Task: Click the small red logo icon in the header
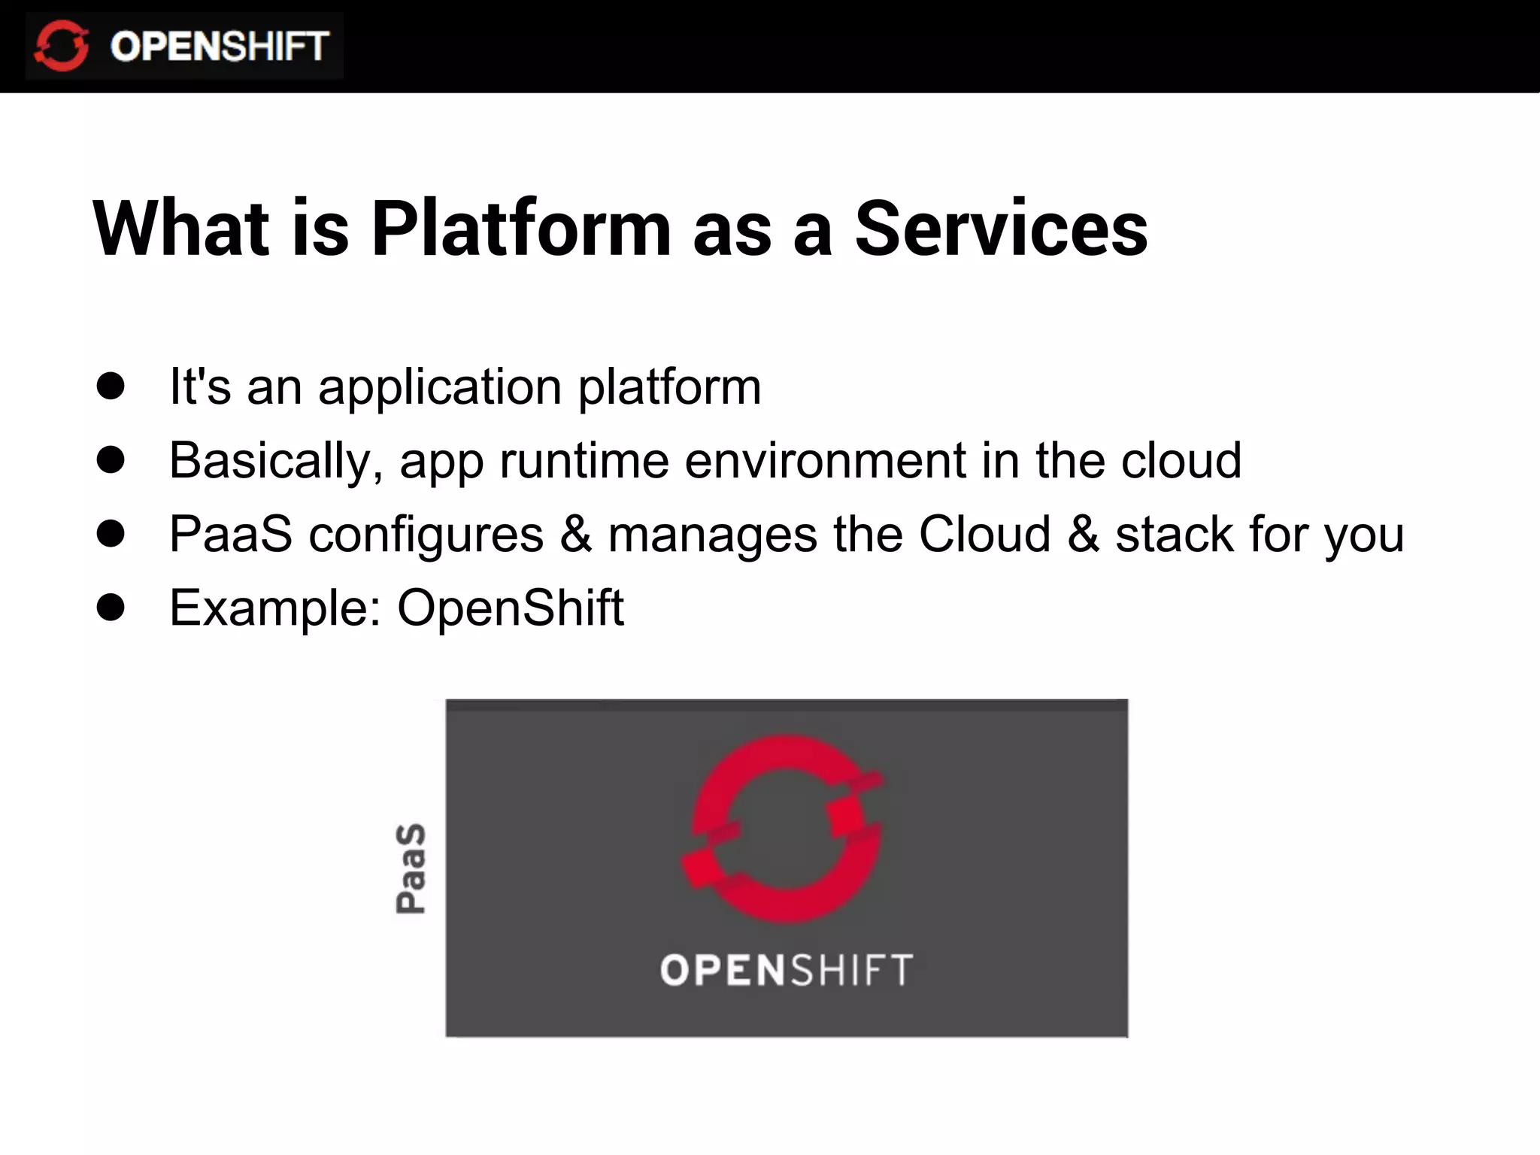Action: coord(62,46)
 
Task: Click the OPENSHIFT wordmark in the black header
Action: coord(219,47)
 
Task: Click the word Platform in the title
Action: coord(520,229)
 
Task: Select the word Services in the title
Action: coord(1001,229)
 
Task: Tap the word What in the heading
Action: coord(180,229)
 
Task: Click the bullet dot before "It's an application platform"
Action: coord(111,386)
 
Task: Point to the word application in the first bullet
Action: coord(440,388)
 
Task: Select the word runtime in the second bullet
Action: coord(584,461)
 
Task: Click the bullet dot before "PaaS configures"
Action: coord(111,533)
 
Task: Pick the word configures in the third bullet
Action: coord(426,535)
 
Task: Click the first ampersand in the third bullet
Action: coord(576,534)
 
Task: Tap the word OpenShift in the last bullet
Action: coord(510,608)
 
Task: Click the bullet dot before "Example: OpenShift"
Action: coord(111,607)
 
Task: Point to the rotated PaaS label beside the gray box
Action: coord(411,869)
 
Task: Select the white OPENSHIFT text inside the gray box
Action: coord(787,970)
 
